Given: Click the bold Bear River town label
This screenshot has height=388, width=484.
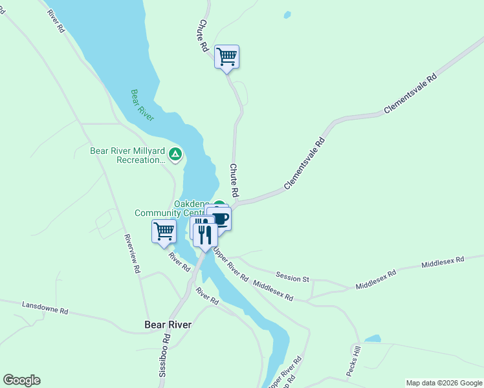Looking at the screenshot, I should click(168, 325).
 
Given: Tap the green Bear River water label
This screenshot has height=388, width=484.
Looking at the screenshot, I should click(142, 105).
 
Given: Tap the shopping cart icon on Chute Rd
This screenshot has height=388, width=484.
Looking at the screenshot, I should click(227, 56).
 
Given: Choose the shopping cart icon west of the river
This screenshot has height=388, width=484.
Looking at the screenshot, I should click(164, 231).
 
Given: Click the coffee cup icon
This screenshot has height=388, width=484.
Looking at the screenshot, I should click(220, 219).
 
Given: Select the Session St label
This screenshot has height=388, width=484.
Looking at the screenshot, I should click(292, 278).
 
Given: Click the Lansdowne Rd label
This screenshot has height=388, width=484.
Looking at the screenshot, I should click(45, 307).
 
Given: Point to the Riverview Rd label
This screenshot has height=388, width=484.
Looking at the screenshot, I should click(133, 253).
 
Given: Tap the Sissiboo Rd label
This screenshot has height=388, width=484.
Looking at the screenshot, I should click(165, 355).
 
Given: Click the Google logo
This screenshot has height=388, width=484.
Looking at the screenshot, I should click(21, 380).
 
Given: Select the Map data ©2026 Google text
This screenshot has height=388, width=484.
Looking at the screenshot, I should click(443, 383).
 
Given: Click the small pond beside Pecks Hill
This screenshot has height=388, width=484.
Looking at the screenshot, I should click(372, 338).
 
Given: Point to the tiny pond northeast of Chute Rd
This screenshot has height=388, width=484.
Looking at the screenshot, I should click(287, 14).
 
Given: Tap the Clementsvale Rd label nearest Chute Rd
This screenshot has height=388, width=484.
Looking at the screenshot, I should click(303, 164).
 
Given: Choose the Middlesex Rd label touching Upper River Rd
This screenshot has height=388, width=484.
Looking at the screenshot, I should click(273, 292).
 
